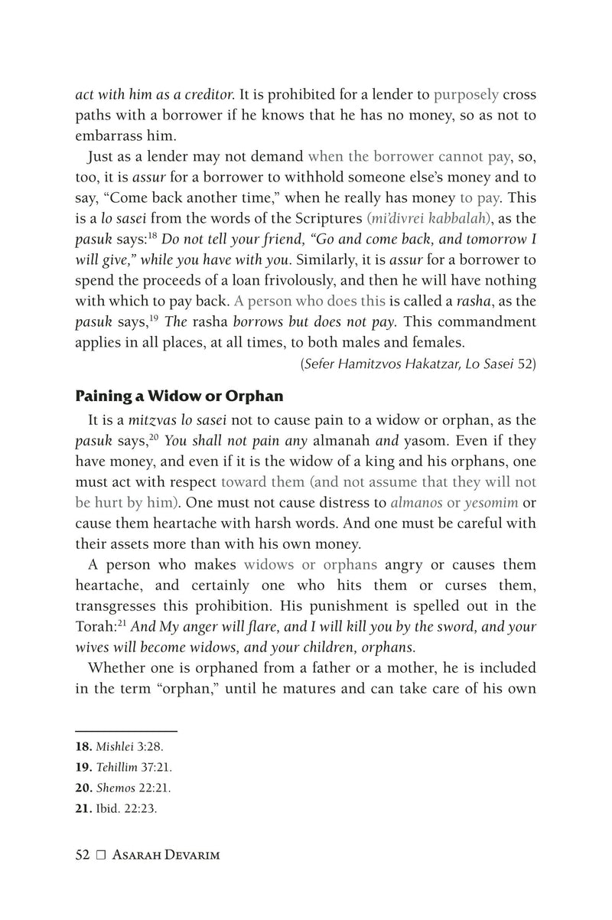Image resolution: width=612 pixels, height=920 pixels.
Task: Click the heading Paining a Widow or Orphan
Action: click(179, 397)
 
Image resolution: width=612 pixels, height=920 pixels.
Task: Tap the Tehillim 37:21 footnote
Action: click(122, 767)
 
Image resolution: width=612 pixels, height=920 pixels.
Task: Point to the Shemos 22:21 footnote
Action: click(122, 788)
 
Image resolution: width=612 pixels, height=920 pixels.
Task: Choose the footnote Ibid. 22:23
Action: click(116, 808)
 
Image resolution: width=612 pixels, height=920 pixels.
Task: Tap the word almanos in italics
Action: click(415, 503)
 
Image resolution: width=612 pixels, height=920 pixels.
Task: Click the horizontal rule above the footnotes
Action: click(126, 731)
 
